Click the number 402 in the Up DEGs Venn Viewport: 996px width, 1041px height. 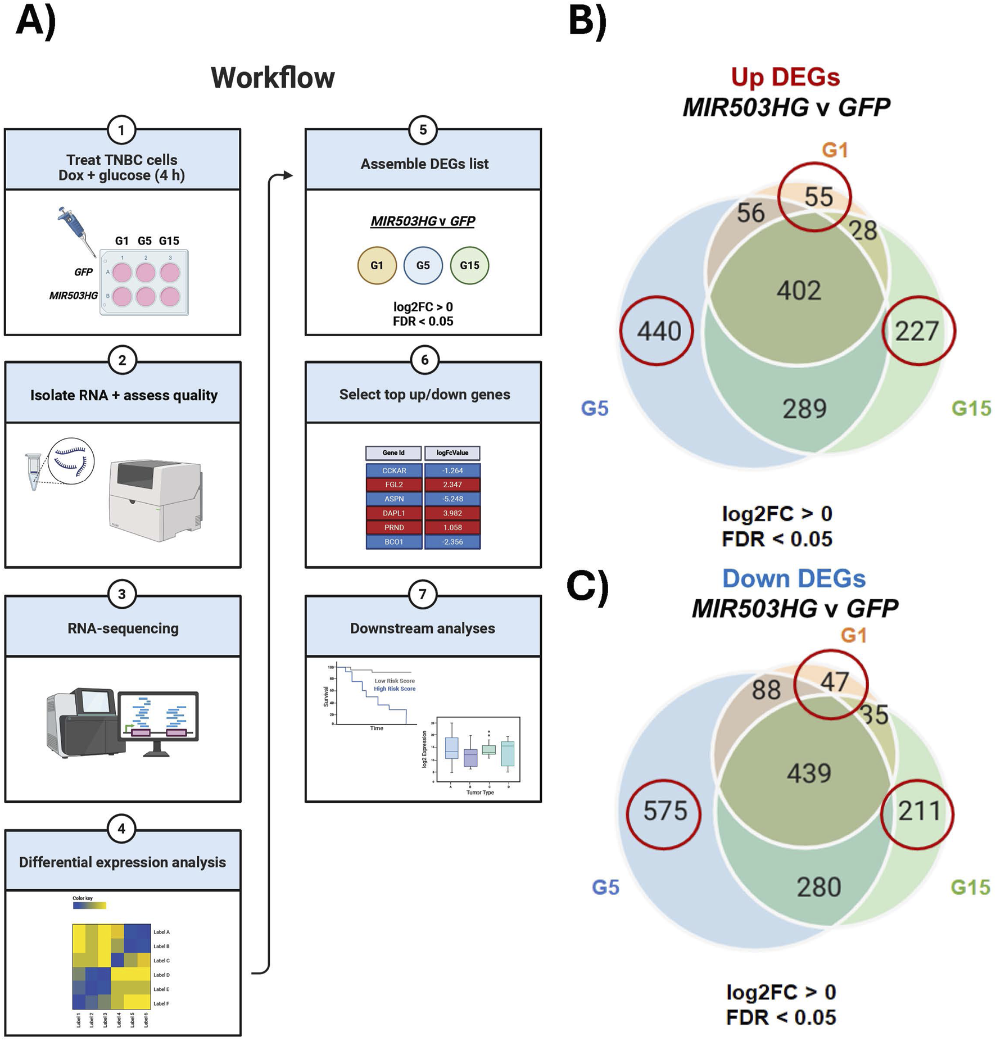tap(799, 291)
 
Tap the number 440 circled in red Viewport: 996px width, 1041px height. tap(658, 331)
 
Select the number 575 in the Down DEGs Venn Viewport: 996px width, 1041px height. tap(665, 811)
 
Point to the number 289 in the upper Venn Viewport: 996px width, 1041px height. tap(804, 409)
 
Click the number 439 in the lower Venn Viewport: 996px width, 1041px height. tap(808, 773)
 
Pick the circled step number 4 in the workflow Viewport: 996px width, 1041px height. tap(121, 829)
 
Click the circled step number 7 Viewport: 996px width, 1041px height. tap(423, 594)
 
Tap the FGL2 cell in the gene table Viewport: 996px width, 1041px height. tap(393, 485)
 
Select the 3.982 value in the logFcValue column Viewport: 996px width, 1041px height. tap(452, 513)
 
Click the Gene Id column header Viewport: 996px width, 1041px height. tap(393, 453)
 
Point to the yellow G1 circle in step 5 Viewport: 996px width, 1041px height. tap(377, 265)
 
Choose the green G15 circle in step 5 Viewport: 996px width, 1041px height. tap(469, 265)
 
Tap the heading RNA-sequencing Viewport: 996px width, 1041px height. tap(123, 628)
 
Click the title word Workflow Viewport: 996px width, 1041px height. tap(273, 78)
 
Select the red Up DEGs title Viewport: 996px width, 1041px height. tap(785, 77)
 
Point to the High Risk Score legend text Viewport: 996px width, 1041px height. tap(395, 689)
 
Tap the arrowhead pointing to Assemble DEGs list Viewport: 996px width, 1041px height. tap(288, 175)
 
